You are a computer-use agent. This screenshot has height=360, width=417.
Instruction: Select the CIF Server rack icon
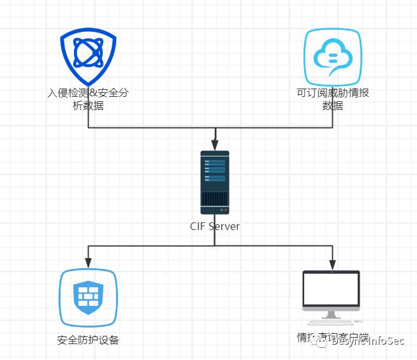[215, 182]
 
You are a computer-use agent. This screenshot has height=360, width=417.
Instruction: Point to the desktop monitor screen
[331, 291]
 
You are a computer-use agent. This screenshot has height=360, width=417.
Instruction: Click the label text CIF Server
[215, 226]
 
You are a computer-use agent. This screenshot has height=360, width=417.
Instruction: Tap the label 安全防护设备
[88, 340]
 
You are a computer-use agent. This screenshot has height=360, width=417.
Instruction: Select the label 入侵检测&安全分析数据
[88, 99]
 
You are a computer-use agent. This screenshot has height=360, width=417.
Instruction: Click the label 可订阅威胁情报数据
[333, 99]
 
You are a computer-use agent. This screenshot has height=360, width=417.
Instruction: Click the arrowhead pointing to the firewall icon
[88, 262]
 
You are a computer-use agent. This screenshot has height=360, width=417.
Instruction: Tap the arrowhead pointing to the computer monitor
[331, 263]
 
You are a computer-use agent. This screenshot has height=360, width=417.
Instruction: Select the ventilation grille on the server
[215, 198]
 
